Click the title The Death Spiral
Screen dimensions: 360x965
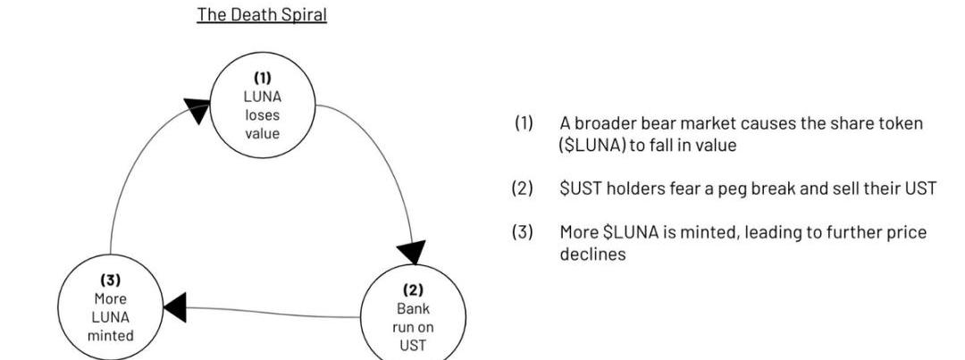click(262, 15)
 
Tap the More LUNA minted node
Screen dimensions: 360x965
click(111, 308)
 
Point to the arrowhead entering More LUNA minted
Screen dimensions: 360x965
click(176, 306)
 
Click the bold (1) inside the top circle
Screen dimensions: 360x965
click(262, 77)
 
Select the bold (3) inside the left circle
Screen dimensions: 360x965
click(111, 280)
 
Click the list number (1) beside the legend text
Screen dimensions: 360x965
click(523, 123)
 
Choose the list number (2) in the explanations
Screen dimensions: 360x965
click(523, 188)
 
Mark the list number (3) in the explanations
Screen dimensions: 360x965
click(523, 232)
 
